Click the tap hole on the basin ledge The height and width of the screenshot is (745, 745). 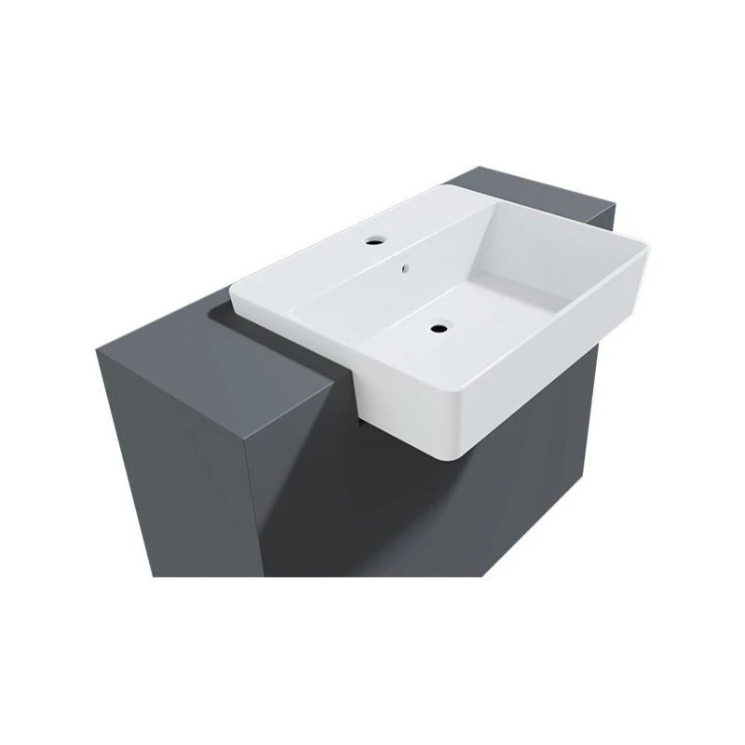(x=373, y=239)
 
